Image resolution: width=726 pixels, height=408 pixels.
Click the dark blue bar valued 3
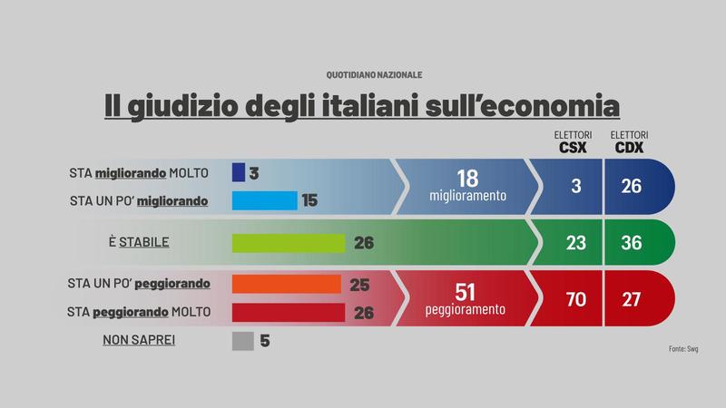tap(239, 172)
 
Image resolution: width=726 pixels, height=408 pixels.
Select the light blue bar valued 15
tap(264, 200)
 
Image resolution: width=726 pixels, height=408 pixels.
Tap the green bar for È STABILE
tap(289, 243)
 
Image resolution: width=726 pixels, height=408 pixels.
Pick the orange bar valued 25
tap(286, 284)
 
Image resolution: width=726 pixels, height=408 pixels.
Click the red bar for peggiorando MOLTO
tap(289, 313)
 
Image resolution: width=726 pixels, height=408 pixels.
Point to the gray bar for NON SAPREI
tap(242, 341)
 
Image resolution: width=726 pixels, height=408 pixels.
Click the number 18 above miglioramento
tap(467, 178)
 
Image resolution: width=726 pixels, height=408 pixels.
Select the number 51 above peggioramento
tap(465, 291)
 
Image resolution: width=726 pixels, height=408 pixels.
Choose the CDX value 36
tap(632, 243)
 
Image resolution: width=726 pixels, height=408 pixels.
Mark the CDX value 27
tap(632, 298)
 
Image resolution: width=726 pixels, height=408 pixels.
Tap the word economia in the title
tap(556, 106)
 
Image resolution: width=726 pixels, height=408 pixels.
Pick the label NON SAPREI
tap(139, 341)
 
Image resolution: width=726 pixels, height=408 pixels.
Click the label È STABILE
tap(139, 243)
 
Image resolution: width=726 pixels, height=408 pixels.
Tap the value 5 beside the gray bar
tap(265, 341)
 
